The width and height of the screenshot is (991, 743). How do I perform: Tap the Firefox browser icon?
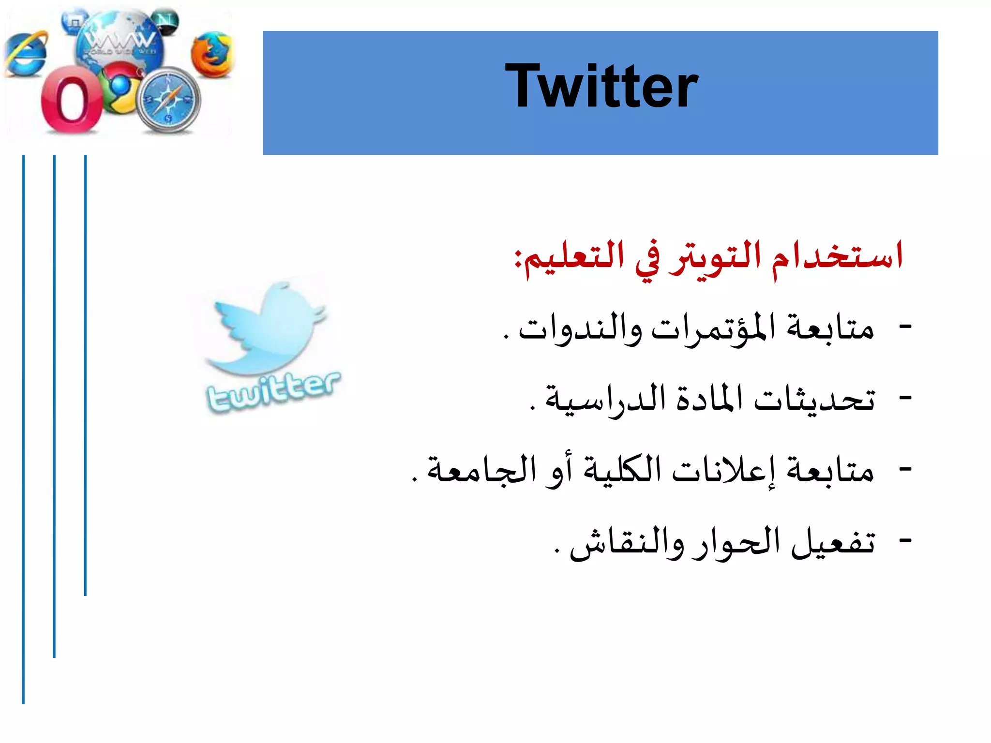coord(211,54)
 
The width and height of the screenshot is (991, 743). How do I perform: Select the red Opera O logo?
coord(72,100)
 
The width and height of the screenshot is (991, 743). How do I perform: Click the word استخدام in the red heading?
coord(837,256)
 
